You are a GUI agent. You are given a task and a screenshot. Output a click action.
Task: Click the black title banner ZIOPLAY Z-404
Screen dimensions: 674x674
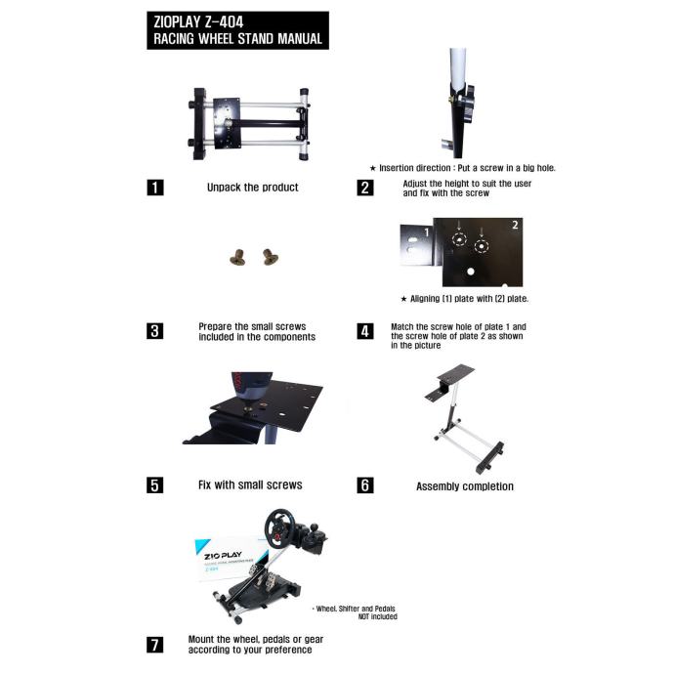[x=237, y=30]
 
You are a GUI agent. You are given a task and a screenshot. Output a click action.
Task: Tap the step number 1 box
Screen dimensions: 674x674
[x=155, y=188]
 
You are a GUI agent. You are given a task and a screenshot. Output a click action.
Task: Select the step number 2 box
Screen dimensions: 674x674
[x=365, y=188]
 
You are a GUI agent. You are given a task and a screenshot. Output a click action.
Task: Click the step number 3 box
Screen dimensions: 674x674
[x=155, y=331]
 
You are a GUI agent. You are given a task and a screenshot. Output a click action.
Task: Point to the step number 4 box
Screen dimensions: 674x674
[x=365, y=331]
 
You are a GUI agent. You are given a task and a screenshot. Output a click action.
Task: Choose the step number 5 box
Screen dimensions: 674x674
[x=155, y=484]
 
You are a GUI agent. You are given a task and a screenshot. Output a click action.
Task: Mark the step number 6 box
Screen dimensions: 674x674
[x=365, y=484]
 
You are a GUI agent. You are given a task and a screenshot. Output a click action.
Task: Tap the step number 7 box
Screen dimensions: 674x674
[x=155, y=645]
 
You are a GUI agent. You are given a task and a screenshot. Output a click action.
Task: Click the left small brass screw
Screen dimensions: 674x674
[x=237, y=257]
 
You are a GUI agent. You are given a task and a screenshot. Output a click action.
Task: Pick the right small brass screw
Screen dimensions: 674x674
[x=270, y=257]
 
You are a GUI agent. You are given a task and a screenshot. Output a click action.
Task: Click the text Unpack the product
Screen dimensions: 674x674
[x=253, y=188]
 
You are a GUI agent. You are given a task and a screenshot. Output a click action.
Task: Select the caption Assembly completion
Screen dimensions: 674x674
[x=465, y=486]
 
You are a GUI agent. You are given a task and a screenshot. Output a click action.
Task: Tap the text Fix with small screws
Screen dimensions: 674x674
[x=250, y=484]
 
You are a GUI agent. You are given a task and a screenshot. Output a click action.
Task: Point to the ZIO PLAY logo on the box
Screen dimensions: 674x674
[x=223, y=556]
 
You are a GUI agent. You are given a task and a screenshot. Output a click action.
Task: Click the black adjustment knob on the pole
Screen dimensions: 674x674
[x=467, y=103]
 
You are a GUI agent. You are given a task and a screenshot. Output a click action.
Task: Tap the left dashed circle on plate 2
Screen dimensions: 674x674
[x=459, y=239]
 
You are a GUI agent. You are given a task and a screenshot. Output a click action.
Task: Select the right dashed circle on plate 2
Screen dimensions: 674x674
[x=482, y=246]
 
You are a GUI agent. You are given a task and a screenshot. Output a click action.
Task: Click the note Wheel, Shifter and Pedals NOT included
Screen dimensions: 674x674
[x=355, y=612]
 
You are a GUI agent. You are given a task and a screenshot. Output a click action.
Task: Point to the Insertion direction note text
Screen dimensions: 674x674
[x=463, y=168]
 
